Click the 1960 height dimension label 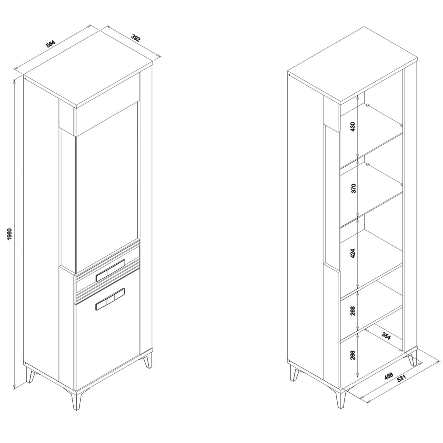pos(9,234)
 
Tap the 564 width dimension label pos(51,44)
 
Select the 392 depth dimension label pos(136,38)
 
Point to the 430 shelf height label pos(353,127)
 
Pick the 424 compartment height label pos(353,253)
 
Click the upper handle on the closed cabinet pos(110,270)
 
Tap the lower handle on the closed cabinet pos(110,299)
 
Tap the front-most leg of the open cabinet pos(340,402)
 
